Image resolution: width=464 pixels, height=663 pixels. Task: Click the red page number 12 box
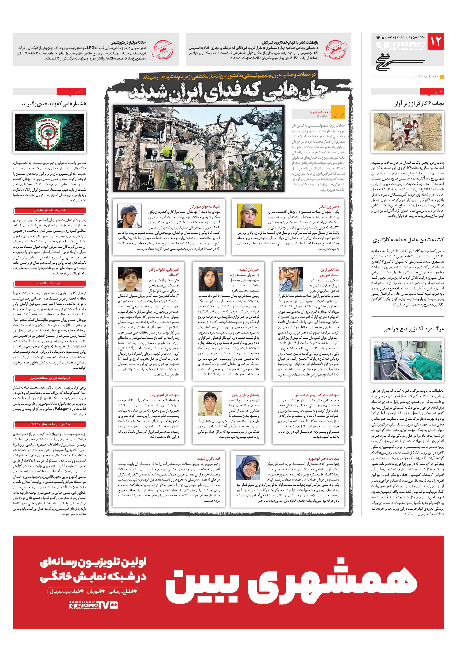point(435,41)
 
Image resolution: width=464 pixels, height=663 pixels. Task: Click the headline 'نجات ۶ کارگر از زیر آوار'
point(419,103)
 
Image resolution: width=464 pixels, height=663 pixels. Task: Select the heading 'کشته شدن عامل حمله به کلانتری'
point(408,240)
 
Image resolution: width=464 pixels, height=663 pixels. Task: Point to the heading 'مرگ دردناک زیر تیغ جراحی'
point(413,329)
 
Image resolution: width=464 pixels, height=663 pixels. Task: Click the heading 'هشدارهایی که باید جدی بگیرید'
point(54,103)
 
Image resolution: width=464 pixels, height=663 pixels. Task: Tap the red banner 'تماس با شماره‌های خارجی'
point(50,211)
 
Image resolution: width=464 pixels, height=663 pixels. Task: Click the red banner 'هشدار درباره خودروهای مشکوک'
point(50,424)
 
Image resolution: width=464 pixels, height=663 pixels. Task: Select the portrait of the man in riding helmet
point(130,216)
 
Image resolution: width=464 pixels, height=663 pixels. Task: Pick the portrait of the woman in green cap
point(249,216)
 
